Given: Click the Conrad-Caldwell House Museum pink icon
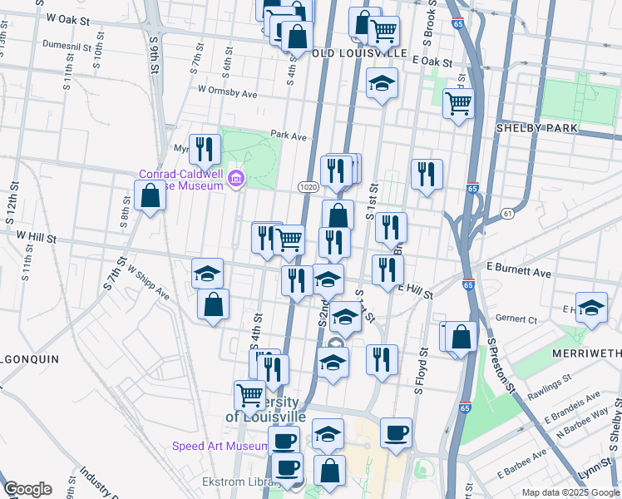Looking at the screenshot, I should pyautogui.click(x=237, y=179).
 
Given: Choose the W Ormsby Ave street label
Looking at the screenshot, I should pyautogui.click(x=227, y=92).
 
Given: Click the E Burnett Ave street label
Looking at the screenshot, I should pyautogui.click(x=519, y=272).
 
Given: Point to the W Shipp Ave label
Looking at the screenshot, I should pyautogui.click(x=149, y=283).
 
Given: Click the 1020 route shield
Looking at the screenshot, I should pyautogui.click(x=306, y=188).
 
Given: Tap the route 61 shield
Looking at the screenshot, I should pyautogui.click(x=506, y=215).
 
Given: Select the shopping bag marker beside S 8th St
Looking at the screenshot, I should pyautogui.click(x=150, y=198).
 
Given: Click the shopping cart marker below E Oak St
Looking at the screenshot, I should pyautogui.click(x=458, y=105).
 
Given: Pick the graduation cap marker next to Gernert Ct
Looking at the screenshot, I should pyautogui.click(x=591, y=308).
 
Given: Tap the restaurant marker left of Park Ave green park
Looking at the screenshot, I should pyautogui.click(x=205, y=150).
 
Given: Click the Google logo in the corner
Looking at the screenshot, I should pyautogui.click(x=27, y=489).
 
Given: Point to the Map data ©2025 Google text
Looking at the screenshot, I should pyautogui.click(x=571, y=492).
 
